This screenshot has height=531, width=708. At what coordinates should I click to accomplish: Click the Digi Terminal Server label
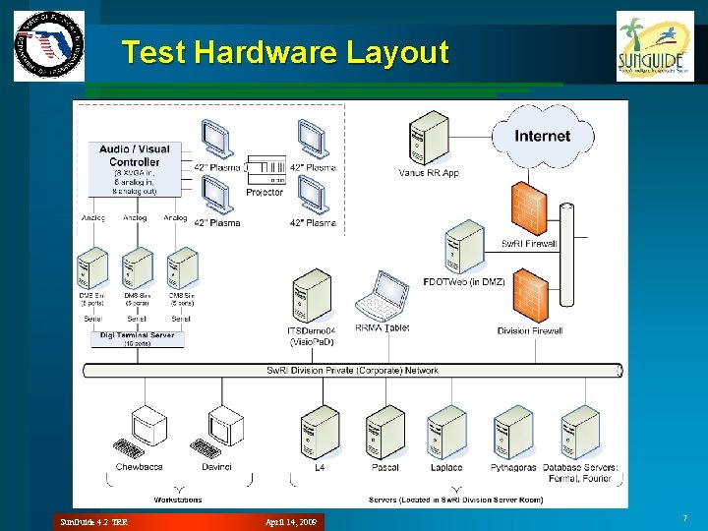pos(137,335)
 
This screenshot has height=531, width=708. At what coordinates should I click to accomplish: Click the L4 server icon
pos(319,432)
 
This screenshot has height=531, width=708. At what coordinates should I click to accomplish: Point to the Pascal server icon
pos(384,432)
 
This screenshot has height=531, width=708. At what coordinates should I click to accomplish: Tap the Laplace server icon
pos(446,432)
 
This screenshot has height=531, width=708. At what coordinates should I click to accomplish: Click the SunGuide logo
pos(654,46)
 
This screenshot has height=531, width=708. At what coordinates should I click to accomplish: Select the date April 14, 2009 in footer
pos(293,520)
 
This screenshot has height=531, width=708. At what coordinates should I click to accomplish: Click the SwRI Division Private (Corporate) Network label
pos(353,371)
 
